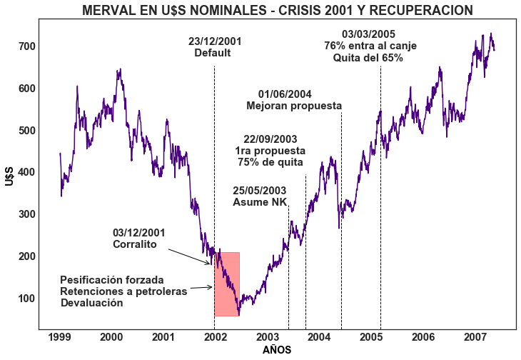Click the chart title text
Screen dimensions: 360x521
[277, 10]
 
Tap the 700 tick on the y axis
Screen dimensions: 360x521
[27, 46]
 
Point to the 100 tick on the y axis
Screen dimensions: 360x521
[27, 299]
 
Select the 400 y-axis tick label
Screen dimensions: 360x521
[27, 172]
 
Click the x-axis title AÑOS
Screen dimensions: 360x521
[277, 351]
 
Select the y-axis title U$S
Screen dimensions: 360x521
[9, 172]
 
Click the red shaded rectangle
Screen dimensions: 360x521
[227, 284]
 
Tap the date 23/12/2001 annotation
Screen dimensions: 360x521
[215, 41]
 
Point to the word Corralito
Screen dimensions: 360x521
[134, 244]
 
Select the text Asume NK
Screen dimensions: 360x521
[260, 202]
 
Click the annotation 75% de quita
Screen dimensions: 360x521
[270, 162]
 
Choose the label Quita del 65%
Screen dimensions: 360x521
[368, 58]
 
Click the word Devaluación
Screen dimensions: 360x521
[91, 303]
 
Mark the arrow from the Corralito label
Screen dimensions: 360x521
[189, 256]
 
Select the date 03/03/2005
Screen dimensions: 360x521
[369, 34]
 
